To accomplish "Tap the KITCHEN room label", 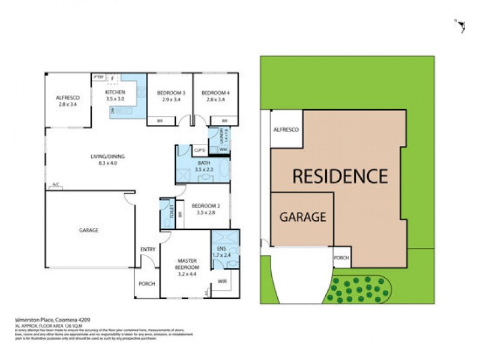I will tap(115, 92).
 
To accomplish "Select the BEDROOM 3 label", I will tap(170, 92).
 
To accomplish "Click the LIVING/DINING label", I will tap(107, 157).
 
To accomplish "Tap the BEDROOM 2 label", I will tap(204, 206).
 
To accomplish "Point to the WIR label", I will tap(223, 280).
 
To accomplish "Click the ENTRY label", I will tap(148, 249).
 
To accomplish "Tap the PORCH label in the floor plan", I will tap(147, 283).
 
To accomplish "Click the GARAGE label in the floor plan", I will tap(89, 230).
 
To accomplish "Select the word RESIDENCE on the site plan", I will tap(340, 176).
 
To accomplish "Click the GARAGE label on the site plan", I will tap(302, 217).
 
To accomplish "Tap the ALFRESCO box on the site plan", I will tap(286, 130).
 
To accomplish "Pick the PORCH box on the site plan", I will tap(341, 258).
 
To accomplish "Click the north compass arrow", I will tap(461, 26).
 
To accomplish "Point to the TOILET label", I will tap(172, 212).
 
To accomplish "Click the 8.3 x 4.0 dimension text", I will tap(107, 163).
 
